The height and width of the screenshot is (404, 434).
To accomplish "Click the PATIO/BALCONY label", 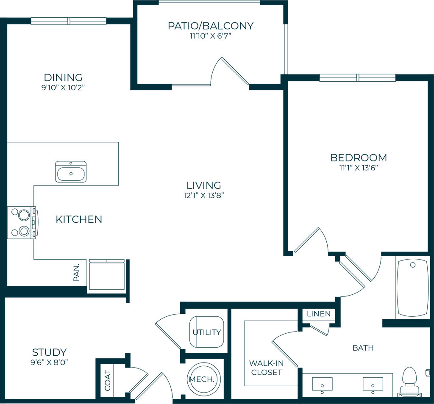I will click(x=211, y=25).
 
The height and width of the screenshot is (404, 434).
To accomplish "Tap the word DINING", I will click(x=64, y=77).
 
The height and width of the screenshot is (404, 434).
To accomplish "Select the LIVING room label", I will click(x=204, y=185).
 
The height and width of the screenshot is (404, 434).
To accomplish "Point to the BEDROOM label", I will click(x=359, y=158).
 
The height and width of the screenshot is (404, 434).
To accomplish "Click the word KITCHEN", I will click(x=79, y=219).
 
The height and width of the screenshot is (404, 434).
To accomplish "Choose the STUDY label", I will click(x=50, y=352).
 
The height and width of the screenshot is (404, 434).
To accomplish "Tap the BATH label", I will click(x=364, y=348).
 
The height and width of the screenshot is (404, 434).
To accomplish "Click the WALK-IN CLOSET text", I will click(x=266, y=368).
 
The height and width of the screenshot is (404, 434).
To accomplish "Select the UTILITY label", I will click(x=206, y=332).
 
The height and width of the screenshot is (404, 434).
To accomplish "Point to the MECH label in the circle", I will click(x=204, y=379).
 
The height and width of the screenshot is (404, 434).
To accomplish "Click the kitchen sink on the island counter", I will click(x=71, y=172).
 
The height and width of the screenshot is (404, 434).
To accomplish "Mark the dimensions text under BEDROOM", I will click(x=359, y=168).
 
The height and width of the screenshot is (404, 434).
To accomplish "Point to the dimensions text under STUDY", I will click(x=50, y=362).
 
